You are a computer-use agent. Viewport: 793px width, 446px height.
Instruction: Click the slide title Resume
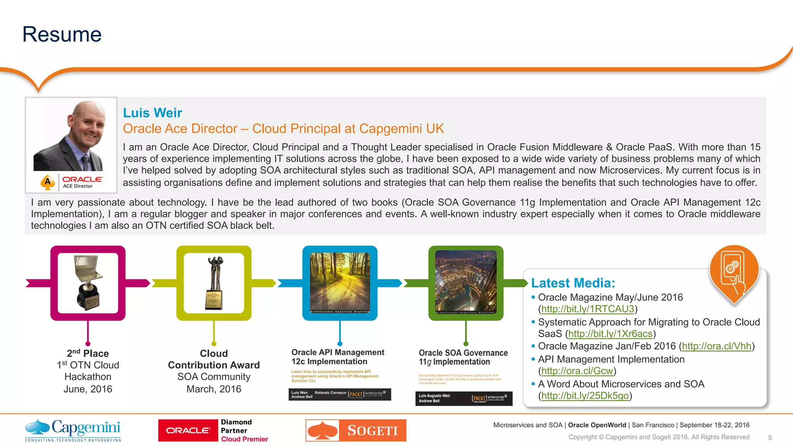click(62, 34)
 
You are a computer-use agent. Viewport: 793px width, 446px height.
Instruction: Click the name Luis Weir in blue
click(152, 113)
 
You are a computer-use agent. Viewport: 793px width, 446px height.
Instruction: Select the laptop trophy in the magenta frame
click(88, 283)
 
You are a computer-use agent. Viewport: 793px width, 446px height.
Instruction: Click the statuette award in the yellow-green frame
click(214, 283)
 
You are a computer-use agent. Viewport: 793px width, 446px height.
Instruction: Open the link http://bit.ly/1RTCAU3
click(587, 309)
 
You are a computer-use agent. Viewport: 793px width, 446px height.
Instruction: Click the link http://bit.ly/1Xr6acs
click(610, 334)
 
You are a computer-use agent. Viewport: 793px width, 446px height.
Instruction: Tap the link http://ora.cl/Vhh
click(716, 346)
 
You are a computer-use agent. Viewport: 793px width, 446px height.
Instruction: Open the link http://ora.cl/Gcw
click(577, 371)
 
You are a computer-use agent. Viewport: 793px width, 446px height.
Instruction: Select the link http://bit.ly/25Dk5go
click(585, 396)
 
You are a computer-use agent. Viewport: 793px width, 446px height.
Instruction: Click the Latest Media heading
click(573, 283)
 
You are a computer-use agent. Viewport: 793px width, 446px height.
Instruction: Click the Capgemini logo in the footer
click(73, 430)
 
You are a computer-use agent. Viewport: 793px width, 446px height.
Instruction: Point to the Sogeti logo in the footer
click(356, 430)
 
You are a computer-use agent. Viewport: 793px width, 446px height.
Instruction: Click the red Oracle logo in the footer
click(188, 431)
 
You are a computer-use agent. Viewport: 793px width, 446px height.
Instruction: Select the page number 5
click(770, 438)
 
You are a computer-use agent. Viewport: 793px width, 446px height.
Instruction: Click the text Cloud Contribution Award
click(214, 359)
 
